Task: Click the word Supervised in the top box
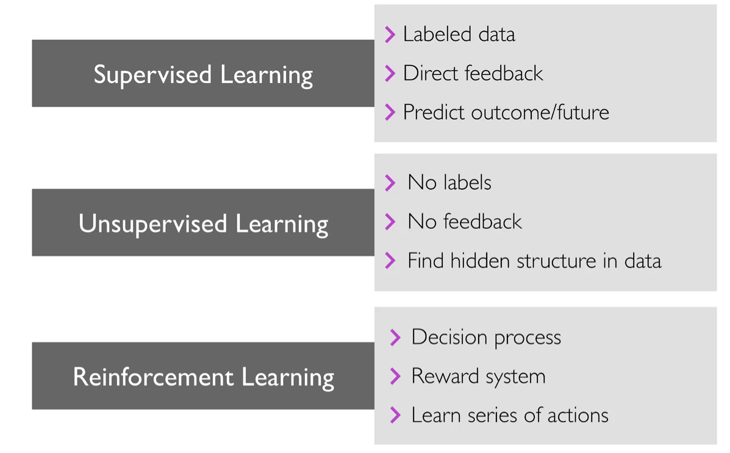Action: pos(152,75)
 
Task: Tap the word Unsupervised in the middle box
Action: pos(152,224)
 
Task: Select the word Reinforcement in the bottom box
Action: pos(153,377)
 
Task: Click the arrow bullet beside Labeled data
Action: pos(390,34)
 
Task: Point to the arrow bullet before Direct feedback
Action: pos(390,73)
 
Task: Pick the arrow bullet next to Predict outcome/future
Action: pos(390,112)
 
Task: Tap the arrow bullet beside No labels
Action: pos(390,183)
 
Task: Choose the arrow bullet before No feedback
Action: pos(390,222)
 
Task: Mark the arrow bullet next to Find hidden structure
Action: pos(390,261)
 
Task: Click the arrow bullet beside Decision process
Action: pos(395,338)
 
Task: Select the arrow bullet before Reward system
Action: pos(395,376)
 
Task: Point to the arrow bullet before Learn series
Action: pos(395,415)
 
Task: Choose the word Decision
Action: pos(449,338)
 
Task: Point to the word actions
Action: pos(578,415)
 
